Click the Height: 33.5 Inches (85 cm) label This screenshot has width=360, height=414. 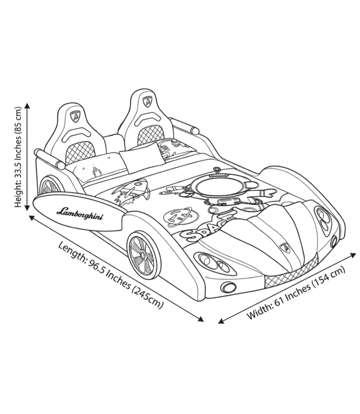(x=17, y=157)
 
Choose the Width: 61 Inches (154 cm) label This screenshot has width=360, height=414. (x=296, y=293)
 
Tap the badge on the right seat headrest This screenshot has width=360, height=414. (x=147, y=101)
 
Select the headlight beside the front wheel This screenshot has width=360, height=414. (x=214, y=263)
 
